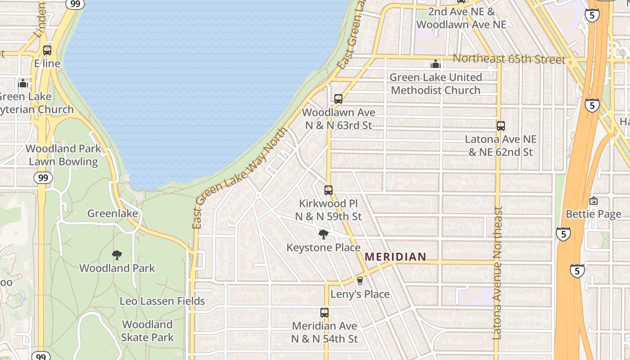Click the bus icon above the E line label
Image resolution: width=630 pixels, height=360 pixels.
[x=47, y=50]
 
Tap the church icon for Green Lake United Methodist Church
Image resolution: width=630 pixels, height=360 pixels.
[x=435, y=64]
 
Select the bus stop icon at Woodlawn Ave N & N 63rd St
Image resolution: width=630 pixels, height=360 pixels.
[x=338, y=99]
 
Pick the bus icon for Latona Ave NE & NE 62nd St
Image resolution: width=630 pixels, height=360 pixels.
[x=501, y=126]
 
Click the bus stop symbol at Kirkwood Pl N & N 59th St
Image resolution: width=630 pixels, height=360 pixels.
[x=328, y=190]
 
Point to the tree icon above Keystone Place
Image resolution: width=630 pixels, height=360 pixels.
[x=323, y=234]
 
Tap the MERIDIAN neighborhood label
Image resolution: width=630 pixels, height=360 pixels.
[x=395, y=257]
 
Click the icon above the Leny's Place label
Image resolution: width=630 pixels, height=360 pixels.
[x=360, y=281]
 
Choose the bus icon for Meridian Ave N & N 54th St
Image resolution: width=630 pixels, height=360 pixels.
[x=324, y=312]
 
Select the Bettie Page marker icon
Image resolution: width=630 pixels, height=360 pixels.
[x=594, y=201]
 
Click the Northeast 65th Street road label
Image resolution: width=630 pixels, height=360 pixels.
[x=508, y=59]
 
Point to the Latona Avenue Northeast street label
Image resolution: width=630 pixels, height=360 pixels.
[x=497, y=273]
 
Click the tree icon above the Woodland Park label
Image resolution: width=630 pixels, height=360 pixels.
[x=117, y=255]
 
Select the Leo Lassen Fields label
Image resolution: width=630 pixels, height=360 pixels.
[x=162, y=301]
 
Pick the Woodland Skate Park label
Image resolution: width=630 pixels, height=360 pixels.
[x=147, y=331]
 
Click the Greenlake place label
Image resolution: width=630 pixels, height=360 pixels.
[x=112, y=213]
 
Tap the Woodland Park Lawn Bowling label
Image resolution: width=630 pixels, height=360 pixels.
[x=63, y=155]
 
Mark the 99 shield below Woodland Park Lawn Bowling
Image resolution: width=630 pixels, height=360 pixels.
[x=43, y=178]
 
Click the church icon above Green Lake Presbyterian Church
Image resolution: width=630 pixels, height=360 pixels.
[x=23, y=83]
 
